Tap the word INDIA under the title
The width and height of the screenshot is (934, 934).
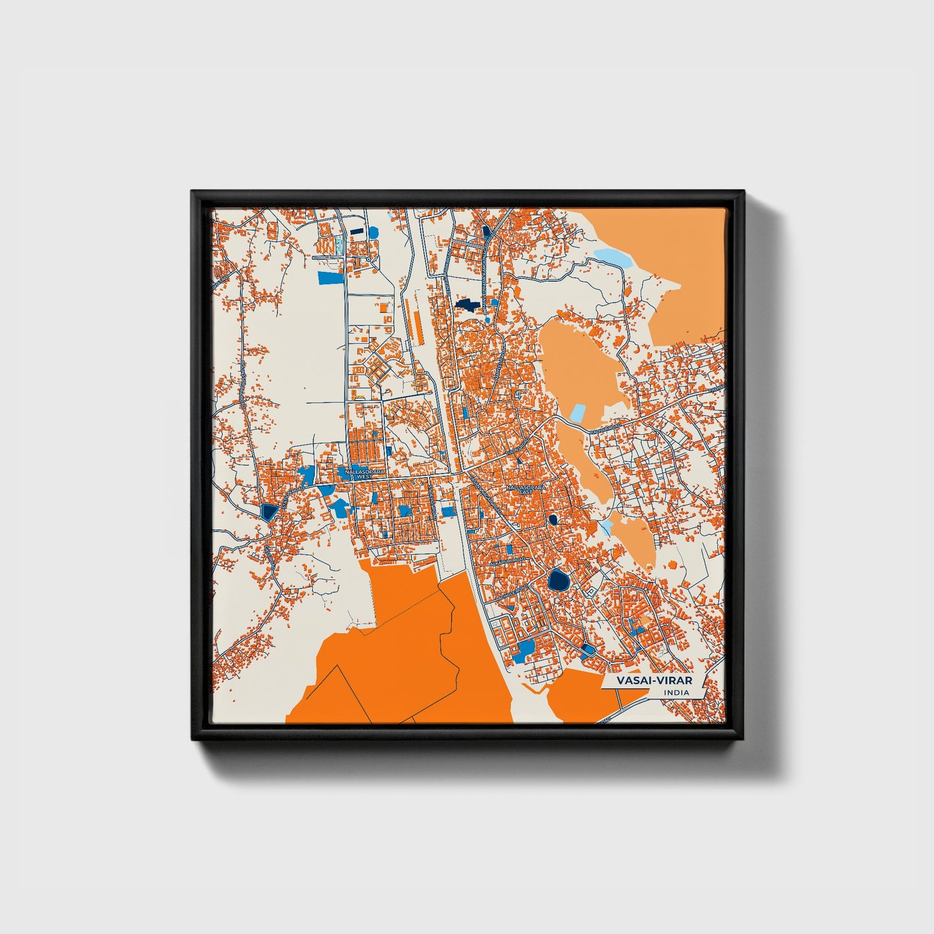click(676, 693)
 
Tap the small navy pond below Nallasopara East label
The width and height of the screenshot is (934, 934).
click(553, 519)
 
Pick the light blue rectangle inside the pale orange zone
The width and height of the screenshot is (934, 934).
click(577, 414)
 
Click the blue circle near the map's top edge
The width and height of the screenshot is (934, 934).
click(373, 232)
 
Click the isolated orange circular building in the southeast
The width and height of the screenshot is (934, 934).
click(673, 565)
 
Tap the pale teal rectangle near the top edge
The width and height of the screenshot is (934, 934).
click(338, 245)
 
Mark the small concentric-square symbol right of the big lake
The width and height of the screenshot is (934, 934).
click(589, 591)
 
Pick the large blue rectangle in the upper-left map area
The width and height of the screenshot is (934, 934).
click(330, 277)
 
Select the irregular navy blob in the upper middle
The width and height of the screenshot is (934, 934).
click(467, 304)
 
